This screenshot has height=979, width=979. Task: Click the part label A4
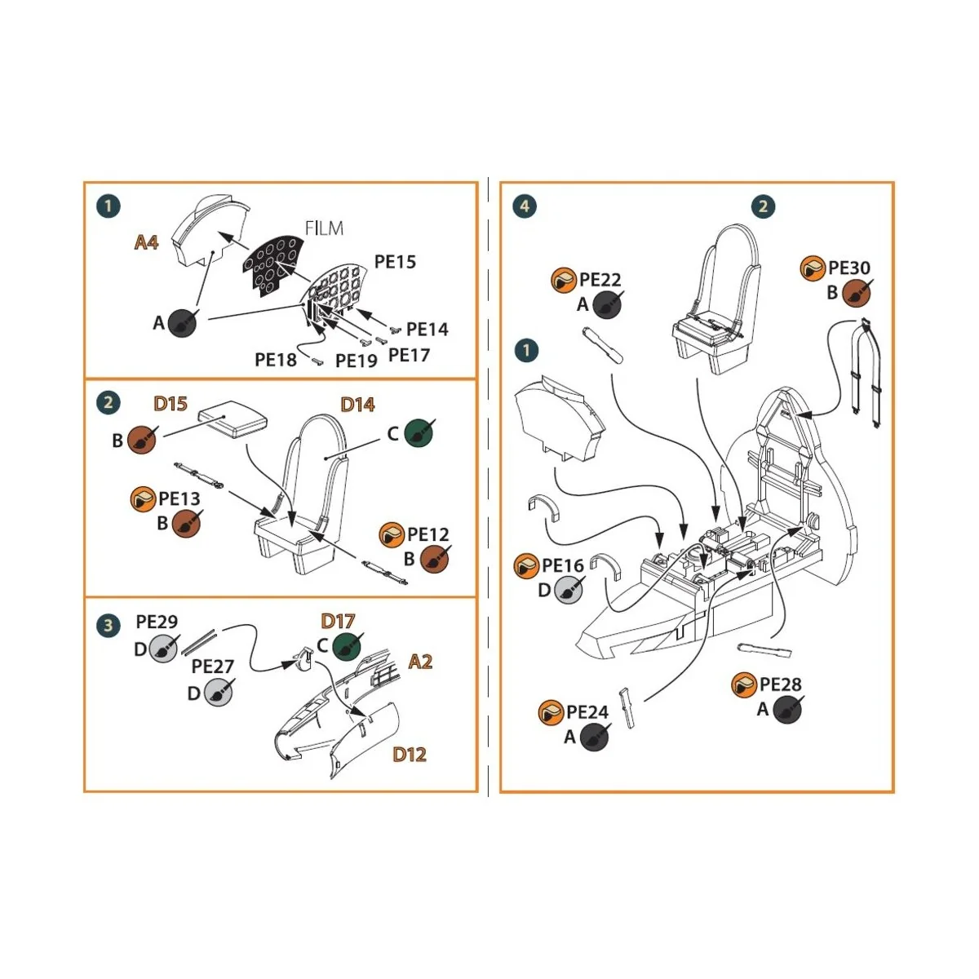146,241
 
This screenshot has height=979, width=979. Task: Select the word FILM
324,228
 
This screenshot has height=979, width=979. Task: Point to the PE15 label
395,262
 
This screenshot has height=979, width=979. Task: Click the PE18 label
276,359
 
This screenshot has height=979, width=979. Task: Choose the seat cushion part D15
233,423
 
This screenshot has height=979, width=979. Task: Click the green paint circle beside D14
419,432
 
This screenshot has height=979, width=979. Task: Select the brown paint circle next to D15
142,440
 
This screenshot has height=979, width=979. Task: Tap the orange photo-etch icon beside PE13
143,498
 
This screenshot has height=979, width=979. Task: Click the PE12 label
428,534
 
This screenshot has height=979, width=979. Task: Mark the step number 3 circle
108,626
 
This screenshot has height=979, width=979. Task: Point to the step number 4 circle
524,206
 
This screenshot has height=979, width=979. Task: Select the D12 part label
410,755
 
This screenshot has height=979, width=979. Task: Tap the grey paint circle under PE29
163,650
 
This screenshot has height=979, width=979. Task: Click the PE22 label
600,280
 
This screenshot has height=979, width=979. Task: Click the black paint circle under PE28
786,710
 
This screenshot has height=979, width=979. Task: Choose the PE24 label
587,712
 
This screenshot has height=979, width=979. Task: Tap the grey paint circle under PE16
569,589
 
